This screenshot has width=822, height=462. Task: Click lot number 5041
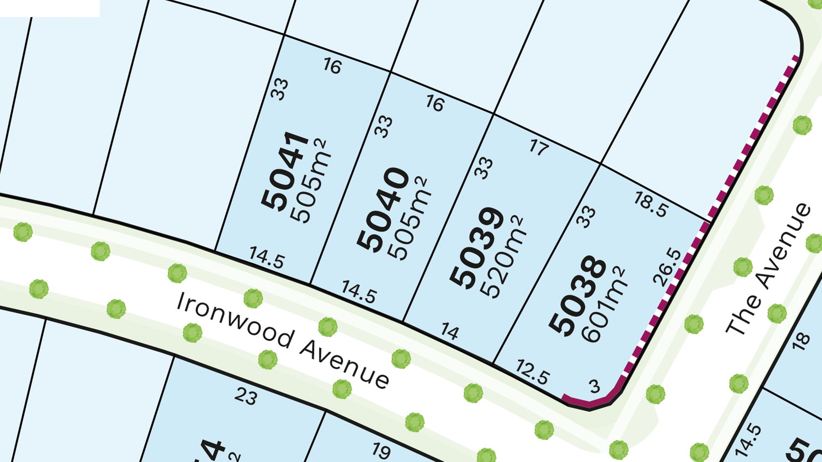[x=285, y=171]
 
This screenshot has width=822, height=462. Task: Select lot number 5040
[x=382, y=209]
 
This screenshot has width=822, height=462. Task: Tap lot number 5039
[x=477, y=247]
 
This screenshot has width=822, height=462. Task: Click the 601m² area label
[x=604, y=305]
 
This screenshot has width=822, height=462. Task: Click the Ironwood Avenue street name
[x=283, y=340]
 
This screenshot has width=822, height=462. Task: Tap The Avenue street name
[x=768, y=269]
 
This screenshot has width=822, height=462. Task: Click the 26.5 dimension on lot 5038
[x=667, y=267]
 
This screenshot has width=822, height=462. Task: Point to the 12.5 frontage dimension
[x=533, y=372]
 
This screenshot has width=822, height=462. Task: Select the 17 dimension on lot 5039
[x=539, y=148]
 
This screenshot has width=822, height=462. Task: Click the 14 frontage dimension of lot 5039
[x=450, y=331]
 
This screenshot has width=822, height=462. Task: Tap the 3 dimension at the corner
[x=595, y=386]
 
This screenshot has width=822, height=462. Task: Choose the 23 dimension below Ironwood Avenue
[x=246, y=396]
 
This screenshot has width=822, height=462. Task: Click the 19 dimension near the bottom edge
[x=381, y=450]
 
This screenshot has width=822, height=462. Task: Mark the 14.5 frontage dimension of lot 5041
[x=266, y=257]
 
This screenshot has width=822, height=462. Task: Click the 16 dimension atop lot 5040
[x=435, y=104]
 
